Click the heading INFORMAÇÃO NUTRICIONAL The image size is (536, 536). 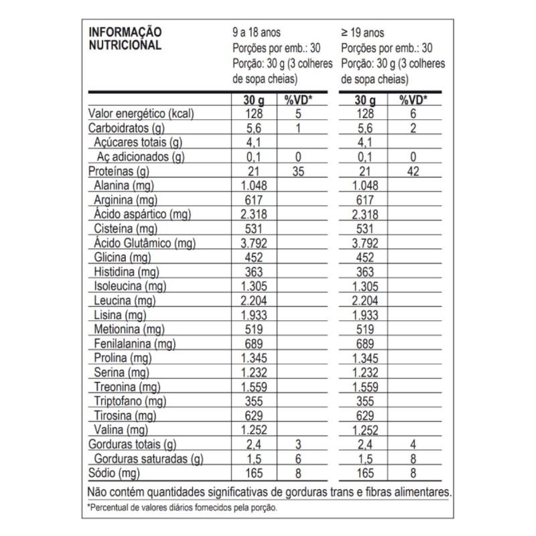pyautogui.click(x=125, y=40)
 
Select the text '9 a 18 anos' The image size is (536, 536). pyautogui.click(x=257, y=33)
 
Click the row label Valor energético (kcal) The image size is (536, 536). pyautogui.click(x=141, y=114)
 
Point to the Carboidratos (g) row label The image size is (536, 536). pyautogui.click(x=126, y=128)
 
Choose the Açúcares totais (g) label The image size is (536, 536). pyautogui.click(x=138, y=142)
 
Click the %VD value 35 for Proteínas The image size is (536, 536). pyautogui.click(x=298, y=172)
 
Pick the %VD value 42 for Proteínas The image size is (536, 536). pyautogui.click(x=413, y=172)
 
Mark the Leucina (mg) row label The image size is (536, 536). pyautogui.click(x=125, y=301)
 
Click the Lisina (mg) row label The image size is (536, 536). pyautogui.click(x=120, y=315)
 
